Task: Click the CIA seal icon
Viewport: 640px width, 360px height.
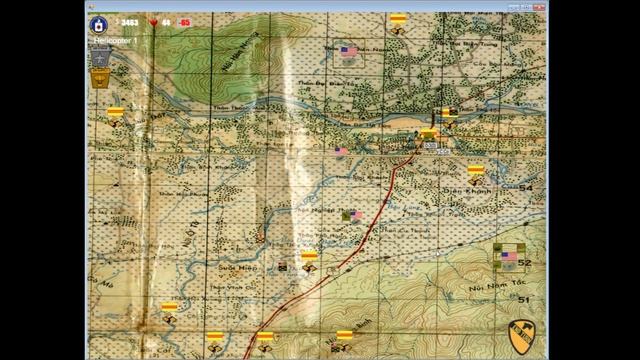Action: pyautogui.click(x=99, y=22)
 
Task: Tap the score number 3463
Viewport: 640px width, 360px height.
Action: pyautogui.click(x=131, y=21)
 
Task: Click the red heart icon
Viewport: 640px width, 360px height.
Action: pyautogui.click(x=153, y=21)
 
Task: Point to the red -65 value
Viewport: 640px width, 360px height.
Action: pyautogui.click(x=185, y=21)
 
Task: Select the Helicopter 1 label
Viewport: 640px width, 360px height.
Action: pyautogui.click(x=116, y=39)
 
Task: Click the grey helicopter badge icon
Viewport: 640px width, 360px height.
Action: pyautogui.click(x=100, y=57)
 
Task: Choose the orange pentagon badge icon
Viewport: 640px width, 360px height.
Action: pyautogui.click(x=100, y=79)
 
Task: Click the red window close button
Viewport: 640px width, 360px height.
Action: pyautogui.click(x=541, y=6)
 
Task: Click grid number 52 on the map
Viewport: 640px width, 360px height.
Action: pyautogui.click(x=524, y=263)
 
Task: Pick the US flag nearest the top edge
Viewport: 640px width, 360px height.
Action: pyautogui.click(x=349, y=50)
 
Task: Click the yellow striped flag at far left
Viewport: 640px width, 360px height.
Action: pyautogui.click(x=116, y=112)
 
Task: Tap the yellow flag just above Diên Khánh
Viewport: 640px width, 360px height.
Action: pyautogui.click(x=476, y=170)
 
